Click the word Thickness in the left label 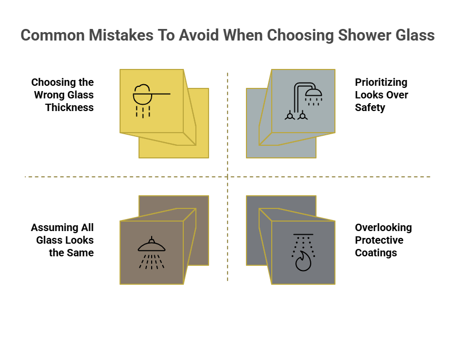[x=70, y=107]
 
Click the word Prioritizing [x=381, y=83]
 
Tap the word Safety [x=370, y=107]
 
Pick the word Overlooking [x=383, y=228]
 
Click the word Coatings [x=376, y=253]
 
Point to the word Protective [x=379, y=240]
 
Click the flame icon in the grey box [x=303, y=261]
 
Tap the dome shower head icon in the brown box [x=152, y=245]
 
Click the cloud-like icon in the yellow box [x=142, y=95]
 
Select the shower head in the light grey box [x=313, y=93]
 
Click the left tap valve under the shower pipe [x=290, y=116]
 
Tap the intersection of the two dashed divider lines [x=227, y=177]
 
